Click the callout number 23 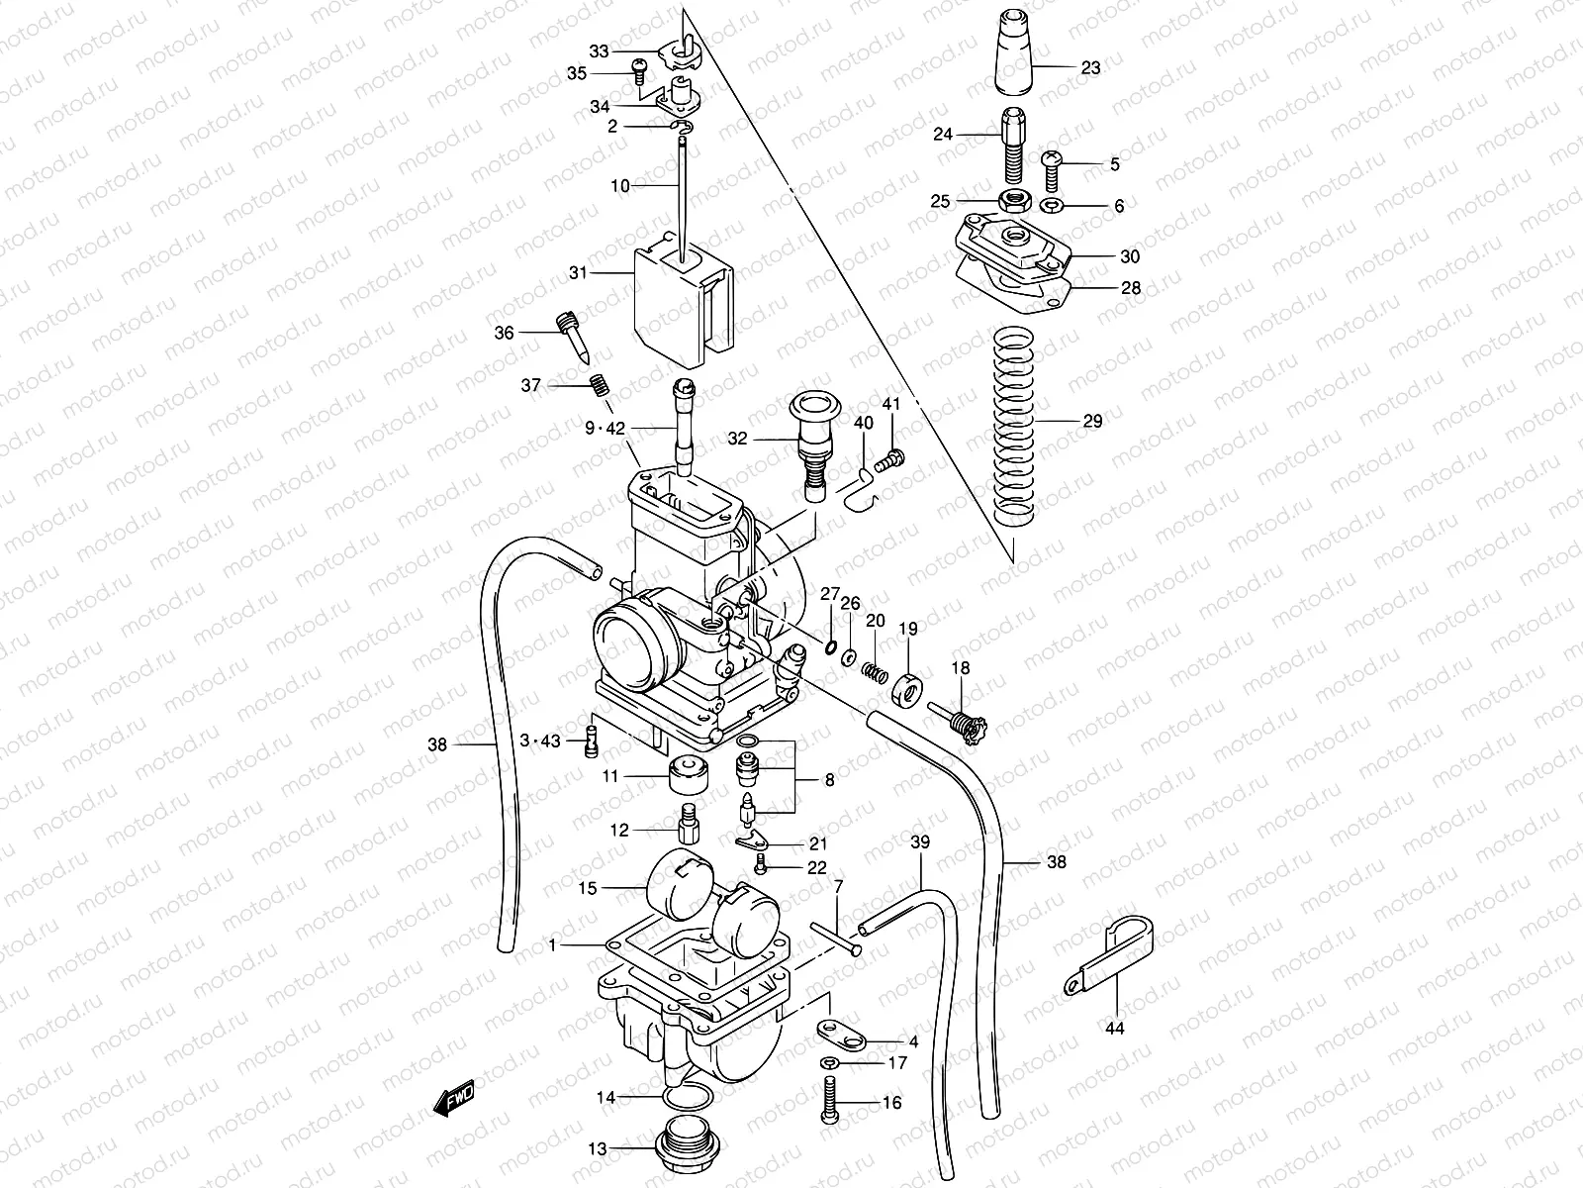coord(1089,68)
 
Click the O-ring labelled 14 coord(687,1100)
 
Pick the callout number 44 coord(1114,1029)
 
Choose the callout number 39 coord(920,842)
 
